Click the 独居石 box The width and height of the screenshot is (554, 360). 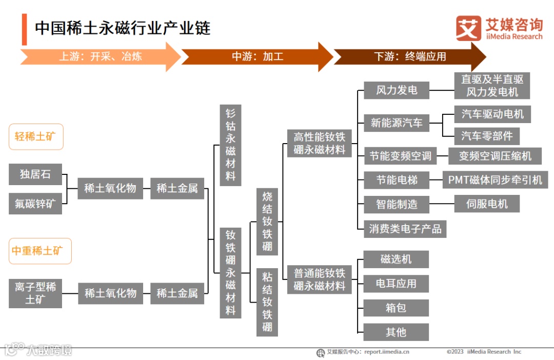tap(35, 174)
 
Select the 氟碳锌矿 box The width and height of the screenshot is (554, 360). tap(35, 204)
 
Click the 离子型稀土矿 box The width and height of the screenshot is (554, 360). tap(35, 293)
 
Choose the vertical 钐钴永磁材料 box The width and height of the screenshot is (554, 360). tap(230, 145)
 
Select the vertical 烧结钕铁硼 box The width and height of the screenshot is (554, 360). tap(267, 222)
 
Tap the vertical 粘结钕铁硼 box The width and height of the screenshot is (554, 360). tap(267, 302)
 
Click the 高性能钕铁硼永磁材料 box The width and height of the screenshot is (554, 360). tap(319, 143)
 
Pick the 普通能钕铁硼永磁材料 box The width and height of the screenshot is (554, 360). tap(319, 279)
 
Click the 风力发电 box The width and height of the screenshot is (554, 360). tap(396, 91)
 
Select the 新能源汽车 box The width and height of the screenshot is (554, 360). tap(396, 123)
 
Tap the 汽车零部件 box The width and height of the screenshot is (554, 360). tap(487, 136)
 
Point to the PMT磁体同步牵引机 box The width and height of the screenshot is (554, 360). tap(495, 180)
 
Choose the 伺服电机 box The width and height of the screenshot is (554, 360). tap(487, 204)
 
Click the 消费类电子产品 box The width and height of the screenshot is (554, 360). tap(405, 229)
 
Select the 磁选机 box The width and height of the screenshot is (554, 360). tap(396, 259)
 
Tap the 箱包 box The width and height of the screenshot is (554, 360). tap(396, 308)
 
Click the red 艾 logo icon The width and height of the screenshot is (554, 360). tap(468, 28)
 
